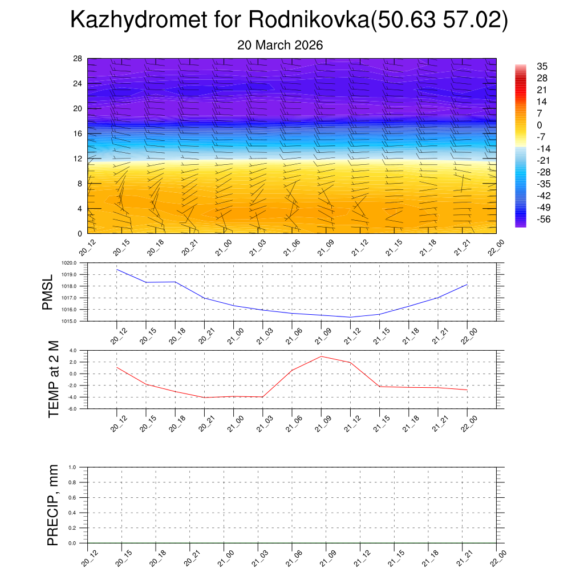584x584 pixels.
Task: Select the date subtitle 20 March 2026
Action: pyautogui.click(x=280, y=45)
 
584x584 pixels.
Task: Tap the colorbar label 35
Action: pyautogui.click(x=542, y=67)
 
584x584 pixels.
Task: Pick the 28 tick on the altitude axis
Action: pyautogui.click(x=78, y=59)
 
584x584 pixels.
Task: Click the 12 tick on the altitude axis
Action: pyautogui.click(x=78, y=159)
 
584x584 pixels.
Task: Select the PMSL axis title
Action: pyautogui.click(x=47, y=293)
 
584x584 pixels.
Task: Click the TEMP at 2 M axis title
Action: pyautogui.click(x=54, y=379)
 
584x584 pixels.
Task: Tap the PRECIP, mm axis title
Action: pyautogui.click(x=53, y=505)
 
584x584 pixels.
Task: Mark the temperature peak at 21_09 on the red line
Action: pyautogui.click(x=321, y=356)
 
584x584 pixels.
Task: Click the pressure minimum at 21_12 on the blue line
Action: pyautogui.click(x=350, y=317)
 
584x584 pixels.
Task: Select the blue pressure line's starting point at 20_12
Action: pyautogui.click(x=117, y=269)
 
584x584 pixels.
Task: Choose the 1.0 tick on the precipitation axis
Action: pyautogui.click(x=80, y=467)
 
